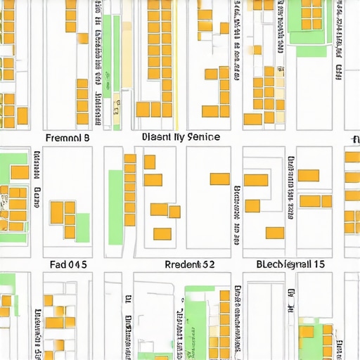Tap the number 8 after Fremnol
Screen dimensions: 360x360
click(86, 138)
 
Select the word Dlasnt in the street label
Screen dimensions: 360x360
click(157, 137)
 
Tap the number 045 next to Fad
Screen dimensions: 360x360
click(77, 265)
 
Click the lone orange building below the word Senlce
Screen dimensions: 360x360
click(219, 179)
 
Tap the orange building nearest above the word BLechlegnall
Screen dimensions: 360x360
click(275, 233)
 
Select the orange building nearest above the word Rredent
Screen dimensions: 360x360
click(162, 233)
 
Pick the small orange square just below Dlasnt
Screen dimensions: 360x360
click(149, 162)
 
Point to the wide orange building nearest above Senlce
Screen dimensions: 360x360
click(211, 110)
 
